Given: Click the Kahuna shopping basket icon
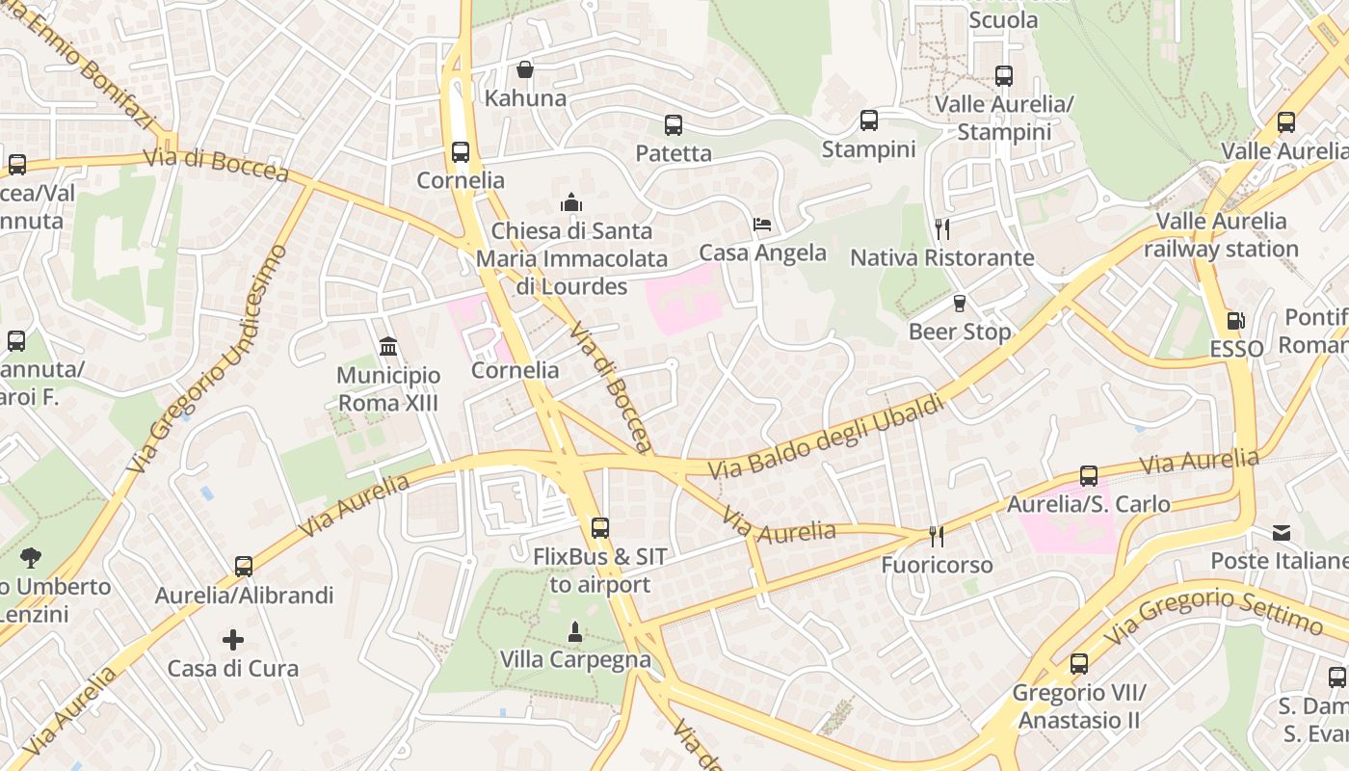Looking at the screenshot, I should tap(525, 69).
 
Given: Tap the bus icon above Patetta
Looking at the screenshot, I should tap(674, 124).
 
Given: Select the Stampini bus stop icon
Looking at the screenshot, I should tap(869, 120).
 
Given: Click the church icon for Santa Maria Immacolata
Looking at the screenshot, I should tap(571, 202).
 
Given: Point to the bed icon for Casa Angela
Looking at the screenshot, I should tap(762, 225).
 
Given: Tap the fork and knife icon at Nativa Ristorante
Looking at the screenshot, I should tap(942, 228).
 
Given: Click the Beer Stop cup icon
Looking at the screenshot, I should tap(960, 304).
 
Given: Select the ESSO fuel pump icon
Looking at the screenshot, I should tap(1235, 321).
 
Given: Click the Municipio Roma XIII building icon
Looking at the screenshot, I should tap(388, 346).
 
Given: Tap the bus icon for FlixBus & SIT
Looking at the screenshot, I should tap(600, 527).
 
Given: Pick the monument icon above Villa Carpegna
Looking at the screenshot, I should tap(575, 631).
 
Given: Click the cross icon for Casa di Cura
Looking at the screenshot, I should tap(233, 639).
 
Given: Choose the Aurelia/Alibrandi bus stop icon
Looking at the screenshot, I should tap(244, 567).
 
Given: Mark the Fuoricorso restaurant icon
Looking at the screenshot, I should tap(936, 536).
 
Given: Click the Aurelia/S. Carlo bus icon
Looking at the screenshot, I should tap(1089, 475).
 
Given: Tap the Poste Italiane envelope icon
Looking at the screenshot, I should tap(1282, 532).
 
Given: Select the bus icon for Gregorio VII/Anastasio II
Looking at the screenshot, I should tap(1079, 663).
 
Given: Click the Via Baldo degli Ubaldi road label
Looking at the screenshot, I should tap(826, 436).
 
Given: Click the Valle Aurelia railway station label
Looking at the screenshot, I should tap(1221, 235).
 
